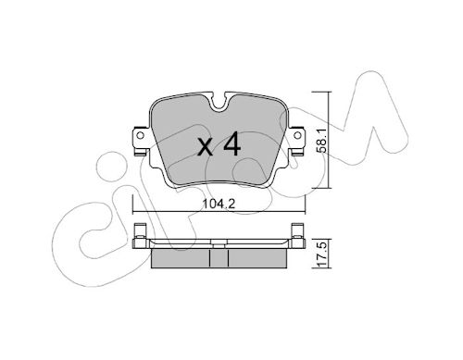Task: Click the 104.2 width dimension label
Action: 219,204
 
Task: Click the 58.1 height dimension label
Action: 322,141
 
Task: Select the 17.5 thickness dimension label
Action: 322,254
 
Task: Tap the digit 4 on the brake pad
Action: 231,143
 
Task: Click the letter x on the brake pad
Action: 206,147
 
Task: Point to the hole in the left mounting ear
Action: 140,135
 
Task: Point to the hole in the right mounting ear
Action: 297,135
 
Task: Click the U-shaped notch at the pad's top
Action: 219,101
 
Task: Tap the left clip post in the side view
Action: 140,235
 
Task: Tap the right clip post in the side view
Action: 298,235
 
